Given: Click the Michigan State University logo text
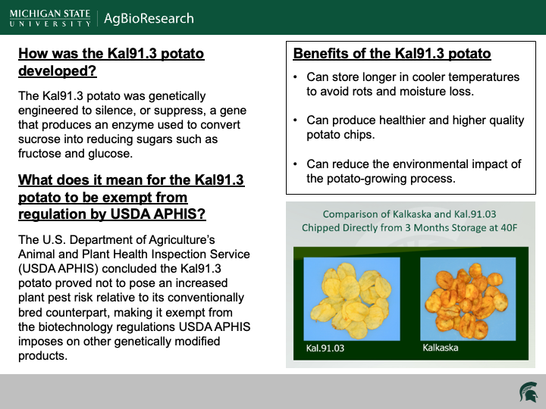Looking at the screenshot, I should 50,18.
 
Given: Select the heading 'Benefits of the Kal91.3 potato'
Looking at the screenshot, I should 392,54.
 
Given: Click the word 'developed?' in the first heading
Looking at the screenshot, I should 58,72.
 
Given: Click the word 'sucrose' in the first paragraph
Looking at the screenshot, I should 43,139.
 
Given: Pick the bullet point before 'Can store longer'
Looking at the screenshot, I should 296,77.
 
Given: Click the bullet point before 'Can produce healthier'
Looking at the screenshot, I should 296,120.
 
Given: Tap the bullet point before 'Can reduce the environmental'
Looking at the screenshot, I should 296,164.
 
